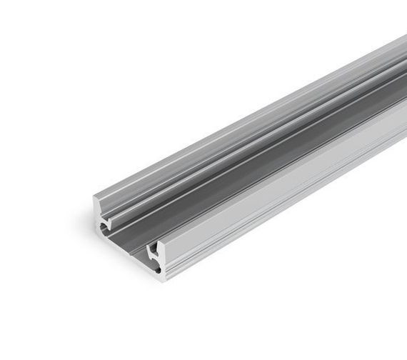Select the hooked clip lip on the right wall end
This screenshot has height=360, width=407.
tap(151, 249)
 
